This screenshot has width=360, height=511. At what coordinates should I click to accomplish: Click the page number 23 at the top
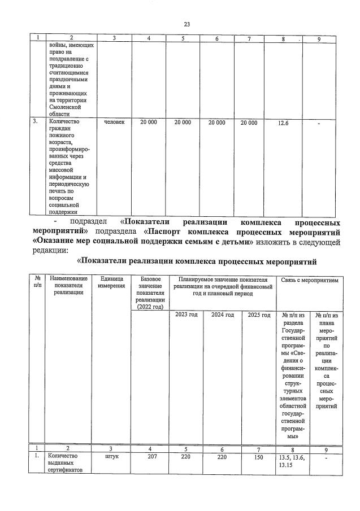click(186, 24)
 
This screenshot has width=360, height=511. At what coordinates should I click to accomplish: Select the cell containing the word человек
click(114, 121)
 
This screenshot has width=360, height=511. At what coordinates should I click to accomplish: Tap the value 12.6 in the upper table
click(283, 123)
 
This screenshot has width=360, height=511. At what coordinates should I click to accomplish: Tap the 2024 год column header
click(222, 315)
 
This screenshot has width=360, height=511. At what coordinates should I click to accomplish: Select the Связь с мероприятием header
click(309, 279)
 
